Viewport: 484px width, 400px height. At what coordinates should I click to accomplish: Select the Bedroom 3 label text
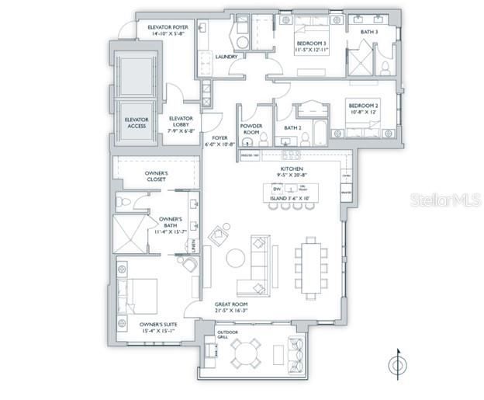313,44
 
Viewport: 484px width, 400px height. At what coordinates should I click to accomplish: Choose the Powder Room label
251,130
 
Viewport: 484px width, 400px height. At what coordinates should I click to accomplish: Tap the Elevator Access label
136,123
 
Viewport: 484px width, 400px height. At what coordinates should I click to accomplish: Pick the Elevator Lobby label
180,122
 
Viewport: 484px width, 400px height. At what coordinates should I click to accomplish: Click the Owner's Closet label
162,176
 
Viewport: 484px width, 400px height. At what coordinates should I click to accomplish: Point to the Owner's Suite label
158,327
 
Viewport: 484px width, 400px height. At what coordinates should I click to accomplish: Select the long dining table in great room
310,267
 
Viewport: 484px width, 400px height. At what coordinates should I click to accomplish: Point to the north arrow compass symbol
398,363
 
